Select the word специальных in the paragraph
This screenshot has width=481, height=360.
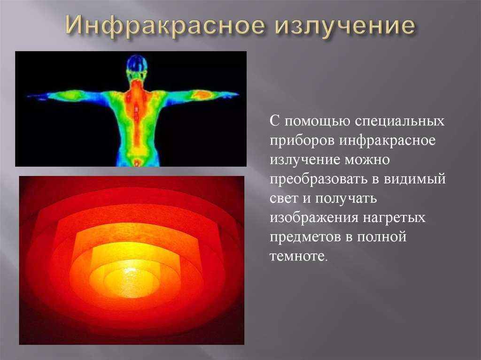(400, 121)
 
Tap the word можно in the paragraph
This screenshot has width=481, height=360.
(367, 160)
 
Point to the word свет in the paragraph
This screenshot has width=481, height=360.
(284, 199)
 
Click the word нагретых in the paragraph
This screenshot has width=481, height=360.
(394, 218)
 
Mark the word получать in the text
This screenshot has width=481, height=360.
(346, 199)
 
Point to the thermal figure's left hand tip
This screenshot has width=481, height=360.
(28, 96)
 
